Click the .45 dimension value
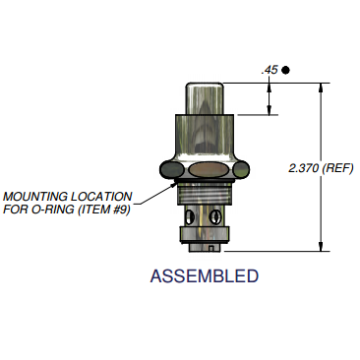click(x=267, y=70)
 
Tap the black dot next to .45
click(x=285, y=70)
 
